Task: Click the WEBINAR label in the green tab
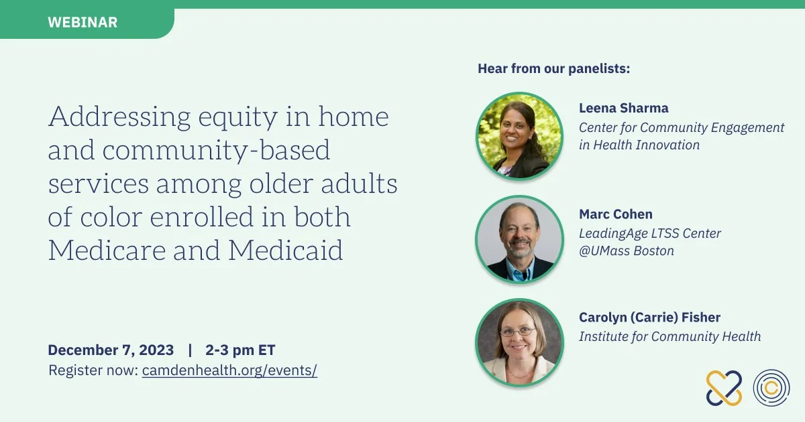(x=83, y=22)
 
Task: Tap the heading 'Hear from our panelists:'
(x=554, y=68)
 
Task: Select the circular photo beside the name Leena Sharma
(x=519, y=137)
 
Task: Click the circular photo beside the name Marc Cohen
(x=519, y=239)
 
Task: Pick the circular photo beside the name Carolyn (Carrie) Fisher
(x=519, y=343)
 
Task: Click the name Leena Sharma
(x=623, y=108)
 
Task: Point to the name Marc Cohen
(x=616, y=214)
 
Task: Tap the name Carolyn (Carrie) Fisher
(x=650, y=318)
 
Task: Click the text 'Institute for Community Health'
(x=670, y=336)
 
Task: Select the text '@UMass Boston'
(x=627, y=251)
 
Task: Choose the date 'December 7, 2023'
(x=111, y=350)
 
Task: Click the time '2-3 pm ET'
(x=240, y=350)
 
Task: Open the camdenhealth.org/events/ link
(x=229, y=370)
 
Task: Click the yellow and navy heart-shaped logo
(x=724, y=389)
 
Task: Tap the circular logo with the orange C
(x=771, y=388)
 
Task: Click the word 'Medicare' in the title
(x=107, y=250)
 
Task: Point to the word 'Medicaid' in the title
(x=286, y=250)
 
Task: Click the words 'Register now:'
(x=93, y=370)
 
